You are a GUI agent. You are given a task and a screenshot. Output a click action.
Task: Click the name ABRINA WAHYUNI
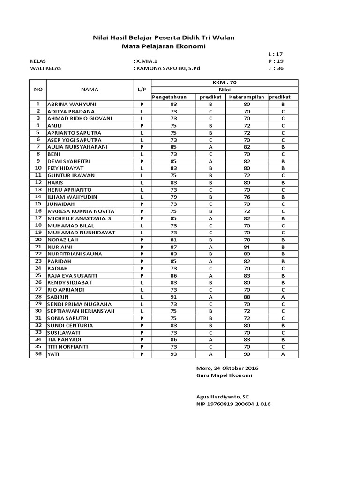pos(71,104)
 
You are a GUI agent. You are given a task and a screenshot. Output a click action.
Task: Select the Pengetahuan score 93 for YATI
pos(173,354)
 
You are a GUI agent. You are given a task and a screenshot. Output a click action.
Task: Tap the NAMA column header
pos(90,89)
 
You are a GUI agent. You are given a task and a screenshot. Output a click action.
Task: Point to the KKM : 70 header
pos(225,82)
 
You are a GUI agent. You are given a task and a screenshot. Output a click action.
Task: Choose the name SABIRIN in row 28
pos(59,297)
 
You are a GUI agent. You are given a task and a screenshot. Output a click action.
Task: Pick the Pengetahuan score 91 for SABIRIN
pos(173,297)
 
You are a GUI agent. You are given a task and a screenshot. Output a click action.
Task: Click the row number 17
pos(38,218)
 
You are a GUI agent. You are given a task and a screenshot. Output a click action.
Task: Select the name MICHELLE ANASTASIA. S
pos(80,218)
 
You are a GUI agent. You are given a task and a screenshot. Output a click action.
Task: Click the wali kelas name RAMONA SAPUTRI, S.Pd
pos(167,68)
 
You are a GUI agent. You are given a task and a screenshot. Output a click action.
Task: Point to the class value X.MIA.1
pos(145,61)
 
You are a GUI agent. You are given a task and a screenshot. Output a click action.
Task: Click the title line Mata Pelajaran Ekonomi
pos(164,46)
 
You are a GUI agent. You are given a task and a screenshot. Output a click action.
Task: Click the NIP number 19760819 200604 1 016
pos(233,404)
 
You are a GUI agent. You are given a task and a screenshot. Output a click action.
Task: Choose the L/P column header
pos(142,89)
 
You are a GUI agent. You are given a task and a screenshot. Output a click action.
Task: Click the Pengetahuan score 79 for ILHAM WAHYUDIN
pos(173,197)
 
